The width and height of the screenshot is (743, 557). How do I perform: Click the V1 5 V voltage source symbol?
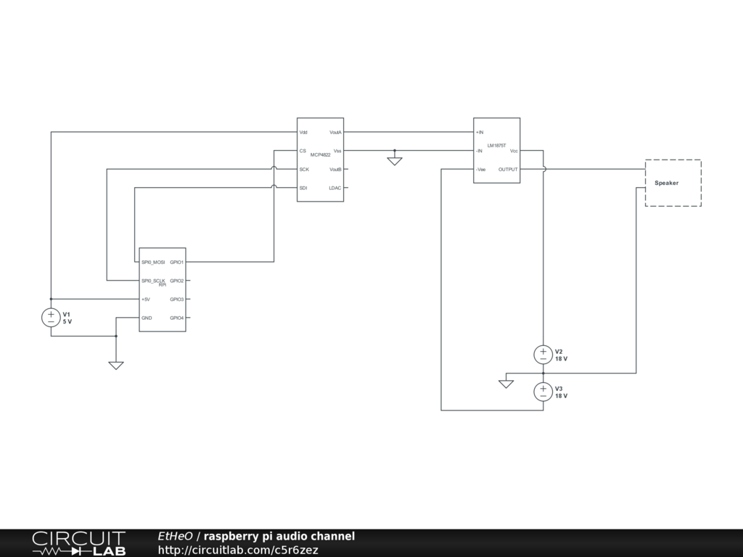(51, 317)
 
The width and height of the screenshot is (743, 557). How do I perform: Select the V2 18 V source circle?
(543, 355)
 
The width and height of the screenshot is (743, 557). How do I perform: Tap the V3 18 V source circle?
(543, 392)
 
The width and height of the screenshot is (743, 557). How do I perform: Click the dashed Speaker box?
(673, 183)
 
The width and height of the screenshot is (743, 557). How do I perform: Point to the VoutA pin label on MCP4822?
(335, 133)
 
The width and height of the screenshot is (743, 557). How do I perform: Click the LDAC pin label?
(335, 188)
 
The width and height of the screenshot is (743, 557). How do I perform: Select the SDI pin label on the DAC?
(303, 188)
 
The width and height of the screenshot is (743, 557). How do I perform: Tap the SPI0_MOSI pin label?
(153, 262)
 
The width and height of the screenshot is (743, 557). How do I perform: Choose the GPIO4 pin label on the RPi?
(177, 318)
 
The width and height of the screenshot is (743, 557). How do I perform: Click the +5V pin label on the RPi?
(146, 300)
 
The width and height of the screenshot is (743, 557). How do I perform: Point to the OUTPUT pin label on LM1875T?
(508, 170)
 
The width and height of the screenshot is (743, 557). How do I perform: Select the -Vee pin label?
(481, 170)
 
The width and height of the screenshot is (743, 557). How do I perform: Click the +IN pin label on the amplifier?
(480, 133)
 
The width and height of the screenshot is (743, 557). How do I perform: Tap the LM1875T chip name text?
(496, 146)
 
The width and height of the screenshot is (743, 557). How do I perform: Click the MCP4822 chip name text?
(320, 155)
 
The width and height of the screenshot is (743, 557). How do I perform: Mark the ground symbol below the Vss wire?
(394, 161)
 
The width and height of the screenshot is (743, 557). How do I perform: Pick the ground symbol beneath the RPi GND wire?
(116, 365)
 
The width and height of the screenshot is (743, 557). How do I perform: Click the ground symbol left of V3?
(506, 383)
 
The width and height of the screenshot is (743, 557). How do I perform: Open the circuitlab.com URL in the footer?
(238, 550)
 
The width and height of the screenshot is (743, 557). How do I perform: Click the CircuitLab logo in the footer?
(78, 543)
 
